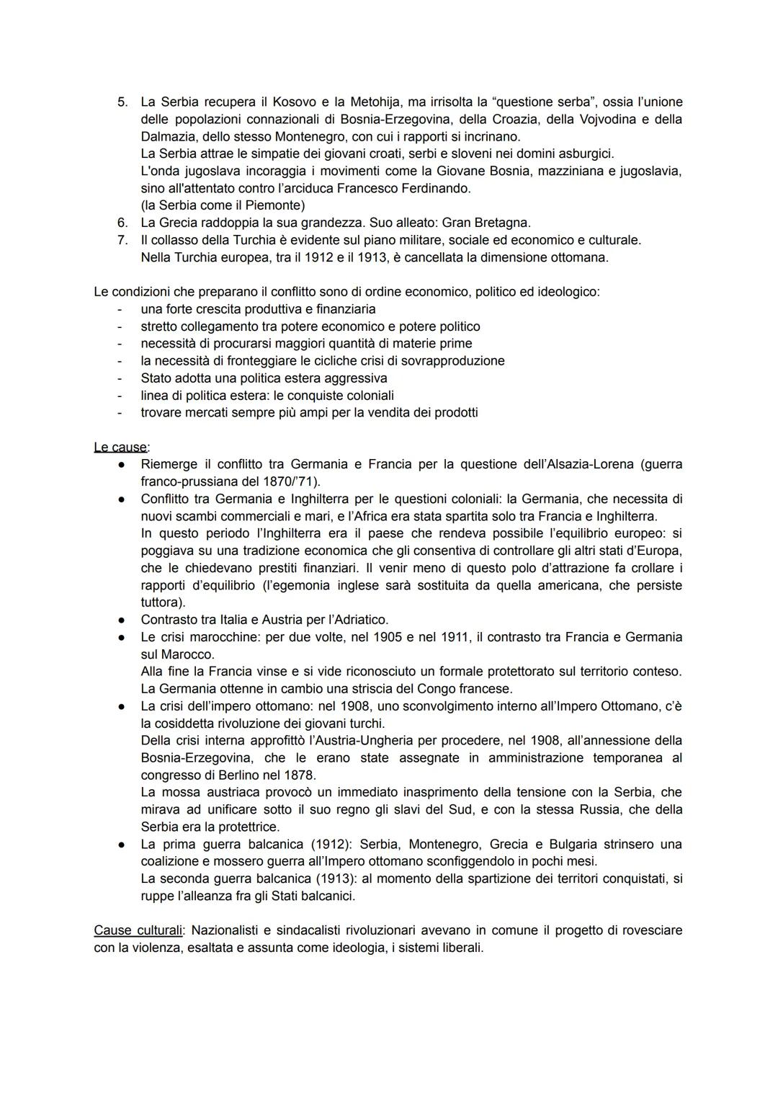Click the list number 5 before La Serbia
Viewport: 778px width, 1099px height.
(122, 102)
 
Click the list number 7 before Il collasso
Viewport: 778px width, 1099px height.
(122, 240)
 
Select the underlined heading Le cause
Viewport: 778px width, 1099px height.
(120, 448)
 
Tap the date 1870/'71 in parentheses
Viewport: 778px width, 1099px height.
(290, 481)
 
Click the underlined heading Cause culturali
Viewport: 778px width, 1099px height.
(138, 930)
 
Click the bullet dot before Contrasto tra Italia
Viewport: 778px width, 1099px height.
(123, 620)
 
